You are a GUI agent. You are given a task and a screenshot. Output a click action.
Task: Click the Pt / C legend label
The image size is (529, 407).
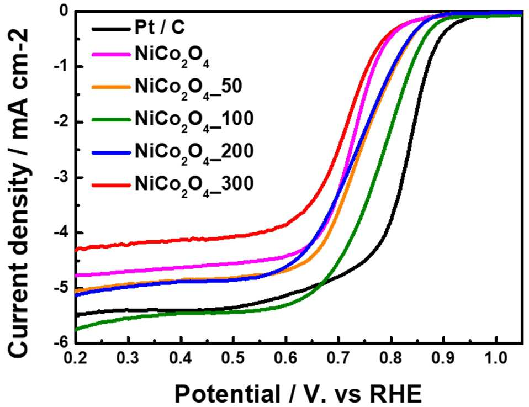(160, 27)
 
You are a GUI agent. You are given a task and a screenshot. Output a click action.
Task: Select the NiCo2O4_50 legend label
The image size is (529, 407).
(189, 88)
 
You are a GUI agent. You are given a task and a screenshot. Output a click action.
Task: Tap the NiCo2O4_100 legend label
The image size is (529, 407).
(194, 120)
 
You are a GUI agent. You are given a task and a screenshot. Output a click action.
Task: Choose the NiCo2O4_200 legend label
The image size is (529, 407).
(194, 153)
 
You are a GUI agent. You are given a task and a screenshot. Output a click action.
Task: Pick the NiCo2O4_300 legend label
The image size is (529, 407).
(194, 186)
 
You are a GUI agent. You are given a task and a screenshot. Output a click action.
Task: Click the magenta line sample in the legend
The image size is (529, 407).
(111, 54)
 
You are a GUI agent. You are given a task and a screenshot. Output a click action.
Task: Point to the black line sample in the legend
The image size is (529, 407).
(111, 29)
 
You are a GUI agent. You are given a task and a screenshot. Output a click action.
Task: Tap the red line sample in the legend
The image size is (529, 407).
(111, 185)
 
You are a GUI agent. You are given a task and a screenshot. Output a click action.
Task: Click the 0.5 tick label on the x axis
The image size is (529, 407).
(233, 358)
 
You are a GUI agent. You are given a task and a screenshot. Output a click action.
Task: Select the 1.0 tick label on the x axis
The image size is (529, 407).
(496, 358)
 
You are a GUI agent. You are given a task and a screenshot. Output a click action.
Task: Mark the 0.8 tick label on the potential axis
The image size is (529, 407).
(391, 358)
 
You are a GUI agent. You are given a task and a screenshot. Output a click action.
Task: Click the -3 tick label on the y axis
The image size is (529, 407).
(61, 177)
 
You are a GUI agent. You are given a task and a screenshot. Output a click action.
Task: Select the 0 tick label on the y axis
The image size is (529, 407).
(64, 12)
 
